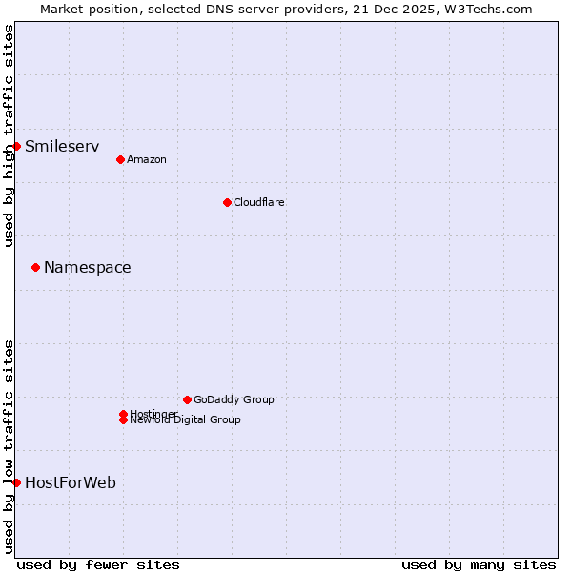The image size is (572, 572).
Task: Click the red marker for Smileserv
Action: pyautogui.click(x=16, y=146)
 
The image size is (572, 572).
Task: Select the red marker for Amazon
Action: pyautogui.click(x=120, y=159)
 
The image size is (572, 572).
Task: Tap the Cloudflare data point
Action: pyautogui.click(x=227, y=202)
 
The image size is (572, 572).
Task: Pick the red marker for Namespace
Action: pyautogui.click(x=35, y=267)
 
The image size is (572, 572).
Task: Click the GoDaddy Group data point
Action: pyautogui.click(x=187, y=399)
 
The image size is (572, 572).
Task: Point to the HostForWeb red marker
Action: pyautogui.click(x=16, y=482)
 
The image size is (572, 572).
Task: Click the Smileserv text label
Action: pyautogui.click(x=62, y=146)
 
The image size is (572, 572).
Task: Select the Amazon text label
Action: pyautogui.click(x=147, y=159)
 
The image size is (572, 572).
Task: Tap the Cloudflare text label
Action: pyautogui.click(x=259, y=202)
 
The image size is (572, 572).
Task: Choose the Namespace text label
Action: pyautogui.click(x=88, y=267)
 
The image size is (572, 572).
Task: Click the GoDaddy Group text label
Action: pyautogui.click(x=234, y=399)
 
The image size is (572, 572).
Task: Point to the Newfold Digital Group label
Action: pyautogui.click(x=186, y=420)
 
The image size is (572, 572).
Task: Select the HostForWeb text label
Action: pyautogui.click(x=71, y=482)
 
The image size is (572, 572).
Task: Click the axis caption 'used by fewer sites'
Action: pyautogui.click(x=98, y=564)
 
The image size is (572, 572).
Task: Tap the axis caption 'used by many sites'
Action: pyautogui.click(x=479, y=564)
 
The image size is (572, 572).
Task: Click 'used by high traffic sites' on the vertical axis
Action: pyautogui.click(x=9, y=135)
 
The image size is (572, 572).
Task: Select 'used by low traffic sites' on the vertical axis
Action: pyautogui.click(x=9, y=446)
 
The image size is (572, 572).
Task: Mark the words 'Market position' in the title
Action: pyautogui.click(x=83, y=9)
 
